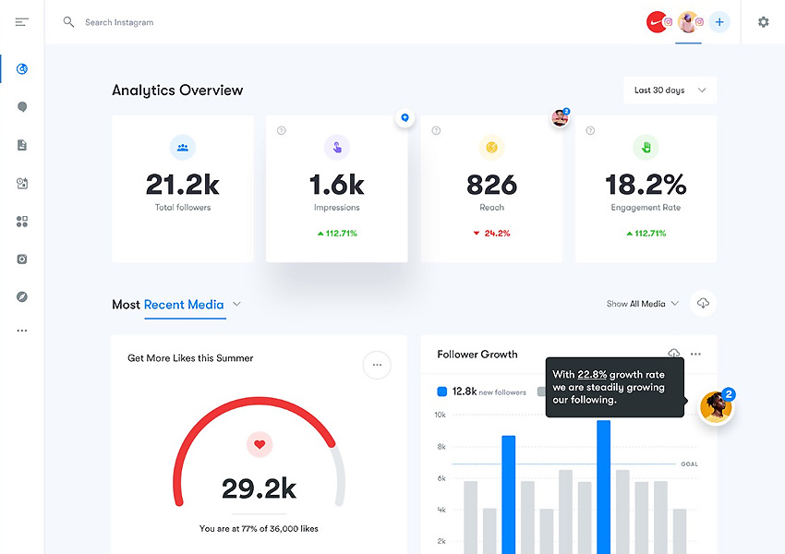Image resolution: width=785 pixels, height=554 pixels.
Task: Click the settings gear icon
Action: coord(763,22)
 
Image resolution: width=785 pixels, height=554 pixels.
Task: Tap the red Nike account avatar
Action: coord(656,22)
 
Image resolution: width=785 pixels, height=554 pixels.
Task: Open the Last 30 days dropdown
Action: coord(670,90)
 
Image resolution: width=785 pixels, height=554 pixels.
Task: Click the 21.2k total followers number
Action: coord(183,185)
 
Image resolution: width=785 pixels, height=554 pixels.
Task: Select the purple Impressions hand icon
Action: coord(336,147)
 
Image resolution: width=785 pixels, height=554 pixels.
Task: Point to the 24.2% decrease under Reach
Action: coord(492,234)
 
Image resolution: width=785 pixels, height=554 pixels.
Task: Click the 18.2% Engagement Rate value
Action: coord(646,185)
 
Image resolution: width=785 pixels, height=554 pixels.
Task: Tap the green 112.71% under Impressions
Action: coord(337,234)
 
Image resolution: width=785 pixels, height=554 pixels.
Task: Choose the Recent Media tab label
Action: coord(184,305)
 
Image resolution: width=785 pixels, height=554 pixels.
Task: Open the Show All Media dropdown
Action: coord(643,304)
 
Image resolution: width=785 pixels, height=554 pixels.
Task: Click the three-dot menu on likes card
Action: coord(377,365)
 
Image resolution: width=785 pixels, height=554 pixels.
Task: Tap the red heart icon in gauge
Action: coord(260,445)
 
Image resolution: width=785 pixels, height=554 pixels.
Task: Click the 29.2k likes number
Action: coord(259,488)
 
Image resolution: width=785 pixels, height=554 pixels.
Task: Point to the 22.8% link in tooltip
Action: coord(592,375)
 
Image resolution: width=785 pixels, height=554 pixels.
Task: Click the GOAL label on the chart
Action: coord(690,464)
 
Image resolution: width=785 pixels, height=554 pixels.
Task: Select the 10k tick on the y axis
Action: coord(441,415)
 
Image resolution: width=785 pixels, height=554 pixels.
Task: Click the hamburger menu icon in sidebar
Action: coord(22,22)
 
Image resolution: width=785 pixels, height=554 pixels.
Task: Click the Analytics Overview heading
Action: coord(177,90)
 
